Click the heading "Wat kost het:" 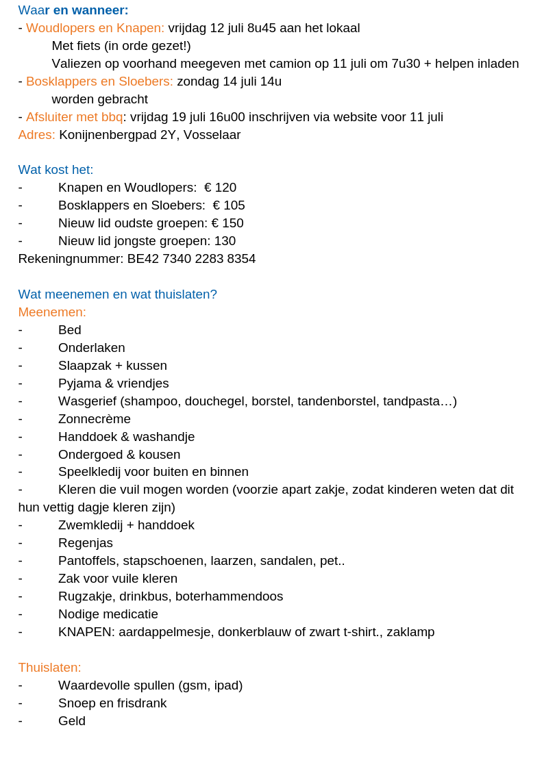tap(55, 170)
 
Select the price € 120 tap(220, 188)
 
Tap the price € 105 tap(229, 205)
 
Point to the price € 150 tap(227, 223)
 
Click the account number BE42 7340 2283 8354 tap(191, 259)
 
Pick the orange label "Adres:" tap(36, 135)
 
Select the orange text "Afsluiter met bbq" tap(74, 117)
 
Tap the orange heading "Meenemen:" tap(52, 312)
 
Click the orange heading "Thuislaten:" tap(49, 668)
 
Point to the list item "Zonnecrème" tap(95, 419)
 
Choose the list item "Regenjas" tap(86, 543)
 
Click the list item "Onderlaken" tap(92, 348)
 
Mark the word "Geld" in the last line tap(72, 721)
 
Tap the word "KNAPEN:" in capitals tap(86, 632)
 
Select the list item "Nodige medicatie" tap(108, 614)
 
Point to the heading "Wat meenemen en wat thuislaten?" tap(117, 294)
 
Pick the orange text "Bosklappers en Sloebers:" tap(99, 81)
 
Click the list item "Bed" tap(70, 330)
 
